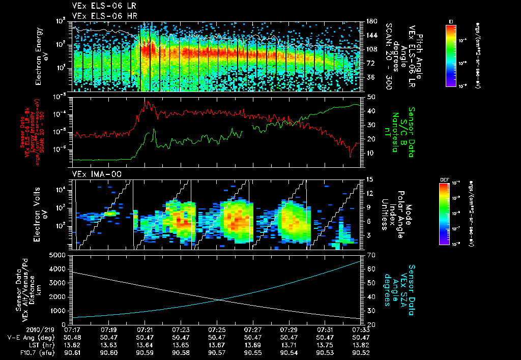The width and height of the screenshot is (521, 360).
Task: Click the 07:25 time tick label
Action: (217, 329)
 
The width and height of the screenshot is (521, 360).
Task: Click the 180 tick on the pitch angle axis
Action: (371, 21)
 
